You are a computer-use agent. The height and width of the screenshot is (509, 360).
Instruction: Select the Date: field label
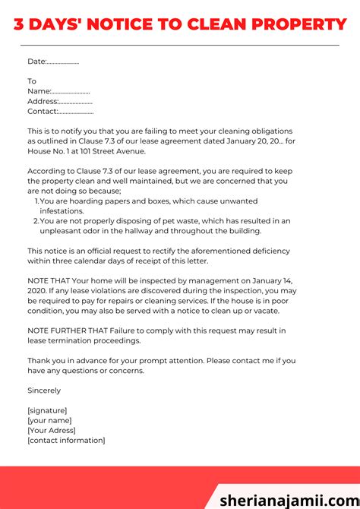(x=36, y=62)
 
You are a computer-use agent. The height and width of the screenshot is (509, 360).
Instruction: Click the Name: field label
(x=39, y=91)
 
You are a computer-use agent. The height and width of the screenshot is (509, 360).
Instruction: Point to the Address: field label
(x=43, y=101)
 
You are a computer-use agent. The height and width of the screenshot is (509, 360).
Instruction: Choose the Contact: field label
(x=43, y=111)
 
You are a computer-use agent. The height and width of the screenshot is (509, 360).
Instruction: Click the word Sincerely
(x=44, y=390)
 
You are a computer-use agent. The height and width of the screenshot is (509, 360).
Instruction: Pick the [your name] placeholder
(x=49, y=420)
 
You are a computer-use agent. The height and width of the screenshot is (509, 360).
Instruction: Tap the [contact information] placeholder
(x=66, y=440)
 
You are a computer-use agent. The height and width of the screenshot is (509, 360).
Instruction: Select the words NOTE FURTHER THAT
(x=71, y=330)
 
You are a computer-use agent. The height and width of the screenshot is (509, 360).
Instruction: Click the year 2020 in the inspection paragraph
(x=39, y=291)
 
